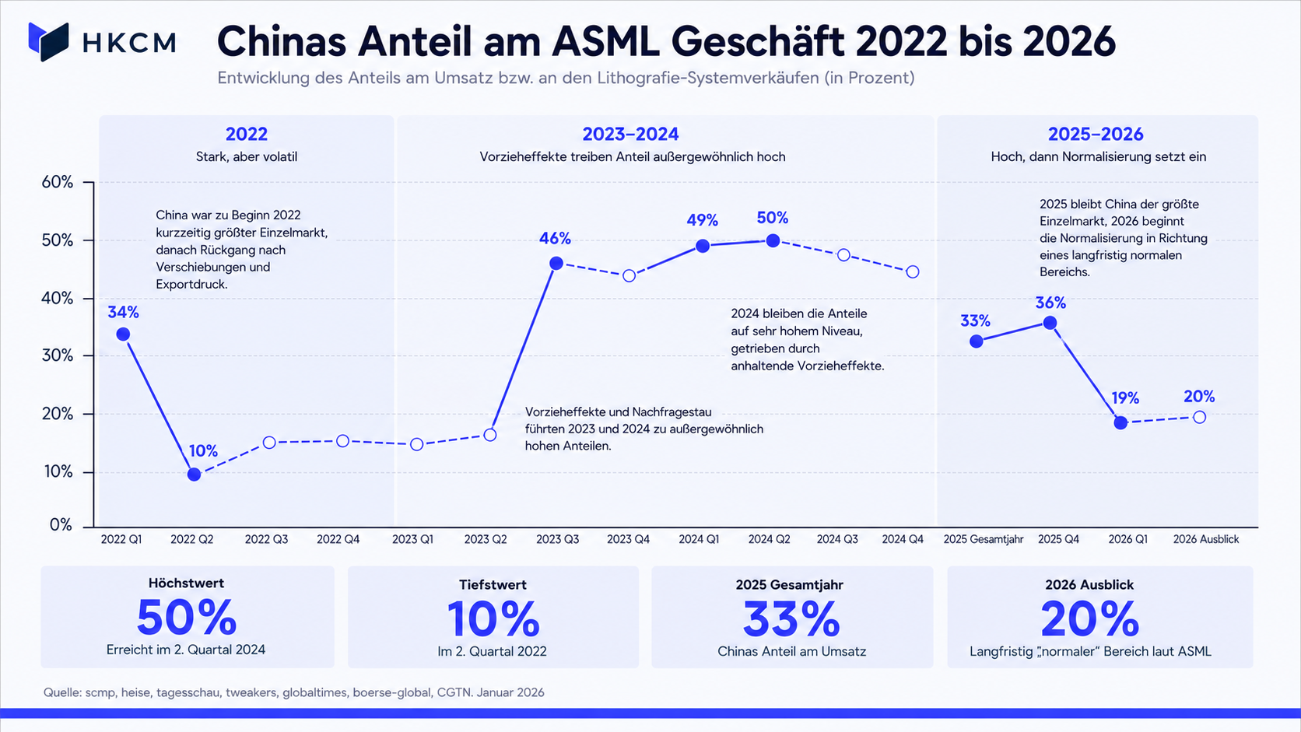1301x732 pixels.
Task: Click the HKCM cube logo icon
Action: (x=49, y=42)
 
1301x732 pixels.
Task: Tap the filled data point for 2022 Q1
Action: (x=123, y=334)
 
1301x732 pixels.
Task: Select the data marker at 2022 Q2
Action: (x=195, y=475)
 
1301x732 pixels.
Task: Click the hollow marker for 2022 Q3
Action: (x=269, y=443)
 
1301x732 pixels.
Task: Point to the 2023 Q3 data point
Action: (x=556, y=264)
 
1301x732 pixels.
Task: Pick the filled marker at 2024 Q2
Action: (x=773, y=240)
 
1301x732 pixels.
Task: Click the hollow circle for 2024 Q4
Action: (x=913, y=271)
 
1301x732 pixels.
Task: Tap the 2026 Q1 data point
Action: (x=1121, y=422)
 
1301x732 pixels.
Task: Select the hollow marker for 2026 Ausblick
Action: (x=1199, y=418)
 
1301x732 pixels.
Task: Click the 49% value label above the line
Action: (x=702, y=220)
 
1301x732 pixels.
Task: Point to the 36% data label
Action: (x=1050, y=303)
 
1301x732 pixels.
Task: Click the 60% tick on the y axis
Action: (x=57, y=182)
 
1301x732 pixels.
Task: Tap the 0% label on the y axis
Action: (x=61, y=525)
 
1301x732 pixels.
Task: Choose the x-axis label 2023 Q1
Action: (x=412, y=539)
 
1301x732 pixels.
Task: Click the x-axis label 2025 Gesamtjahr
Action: (x=984, y=539)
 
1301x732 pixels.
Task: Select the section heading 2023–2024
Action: (x=631, y=134)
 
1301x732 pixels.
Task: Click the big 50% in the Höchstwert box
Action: (x=187, y=618)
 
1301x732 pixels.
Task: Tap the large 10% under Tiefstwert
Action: (x=493, y=619)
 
